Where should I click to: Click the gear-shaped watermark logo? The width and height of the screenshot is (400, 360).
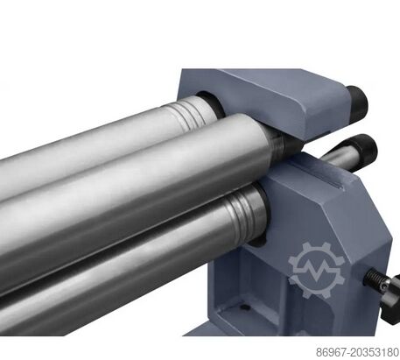pos(317,270)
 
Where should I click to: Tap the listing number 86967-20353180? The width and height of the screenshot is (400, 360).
pos(358,352)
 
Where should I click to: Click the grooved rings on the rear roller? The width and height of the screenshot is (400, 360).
pos(191,112)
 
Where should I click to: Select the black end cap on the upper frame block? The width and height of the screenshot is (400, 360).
pos(357,102)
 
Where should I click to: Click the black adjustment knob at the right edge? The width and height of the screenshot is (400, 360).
pos(392,298)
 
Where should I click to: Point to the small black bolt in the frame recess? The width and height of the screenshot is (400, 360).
pos(246,307)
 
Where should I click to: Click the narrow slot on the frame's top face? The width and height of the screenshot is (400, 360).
pos(317,176)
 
